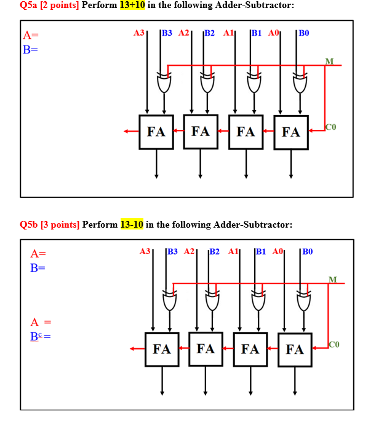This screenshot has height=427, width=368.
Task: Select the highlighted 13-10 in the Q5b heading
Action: (x=132, y=225)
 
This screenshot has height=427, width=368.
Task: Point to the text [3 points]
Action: (x=60, y=225)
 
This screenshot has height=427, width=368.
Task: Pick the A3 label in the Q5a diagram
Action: (x=139, y=32)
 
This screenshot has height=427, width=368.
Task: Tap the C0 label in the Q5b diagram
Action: (x=334, y=343)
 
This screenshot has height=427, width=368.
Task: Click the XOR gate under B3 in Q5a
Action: (x=164, y=82)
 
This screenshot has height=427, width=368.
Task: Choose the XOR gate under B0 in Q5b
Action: (x=303, y=301)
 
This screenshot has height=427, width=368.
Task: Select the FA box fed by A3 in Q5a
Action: (x=156, y=131)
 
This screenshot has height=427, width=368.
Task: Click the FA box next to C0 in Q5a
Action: (x=291, y=131)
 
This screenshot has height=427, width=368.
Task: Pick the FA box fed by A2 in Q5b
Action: (x=206, y=349)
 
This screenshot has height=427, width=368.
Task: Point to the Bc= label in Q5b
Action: (x=40, y=337)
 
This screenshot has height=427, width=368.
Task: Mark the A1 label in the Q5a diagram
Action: (x=228, y=32)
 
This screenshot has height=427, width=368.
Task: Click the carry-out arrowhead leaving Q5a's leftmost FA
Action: (x=126, y=131)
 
